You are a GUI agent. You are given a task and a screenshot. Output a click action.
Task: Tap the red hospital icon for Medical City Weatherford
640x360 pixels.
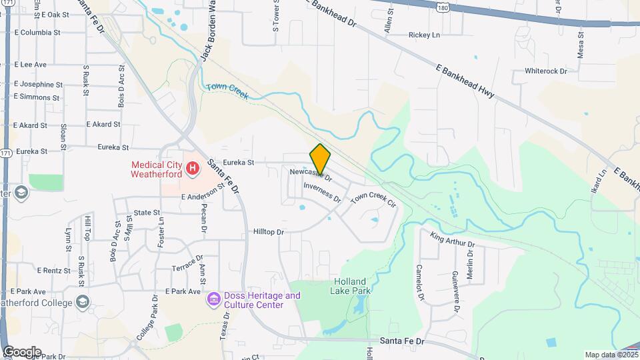pos(192,168)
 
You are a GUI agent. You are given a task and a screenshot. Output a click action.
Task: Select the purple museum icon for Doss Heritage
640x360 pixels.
pos(213,299)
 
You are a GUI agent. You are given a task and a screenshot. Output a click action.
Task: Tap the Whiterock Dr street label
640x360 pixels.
pos(545,71)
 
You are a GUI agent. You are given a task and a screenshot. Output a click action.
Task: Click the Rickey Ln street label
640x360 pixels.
pos(424,35)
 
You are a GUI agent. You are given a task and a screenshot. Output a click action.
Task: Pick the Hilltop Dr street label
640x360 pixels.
pos(269,232)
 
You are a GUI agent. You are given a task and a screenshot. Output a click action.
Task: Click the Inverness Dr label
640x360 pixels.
pos(322,193)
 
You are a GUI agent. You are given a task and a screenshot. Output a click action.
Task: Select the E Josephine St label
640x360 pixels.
pos(38,85)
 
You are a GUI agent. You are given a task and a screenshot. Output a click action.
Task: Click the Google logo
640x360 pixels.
pos(21,352)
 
